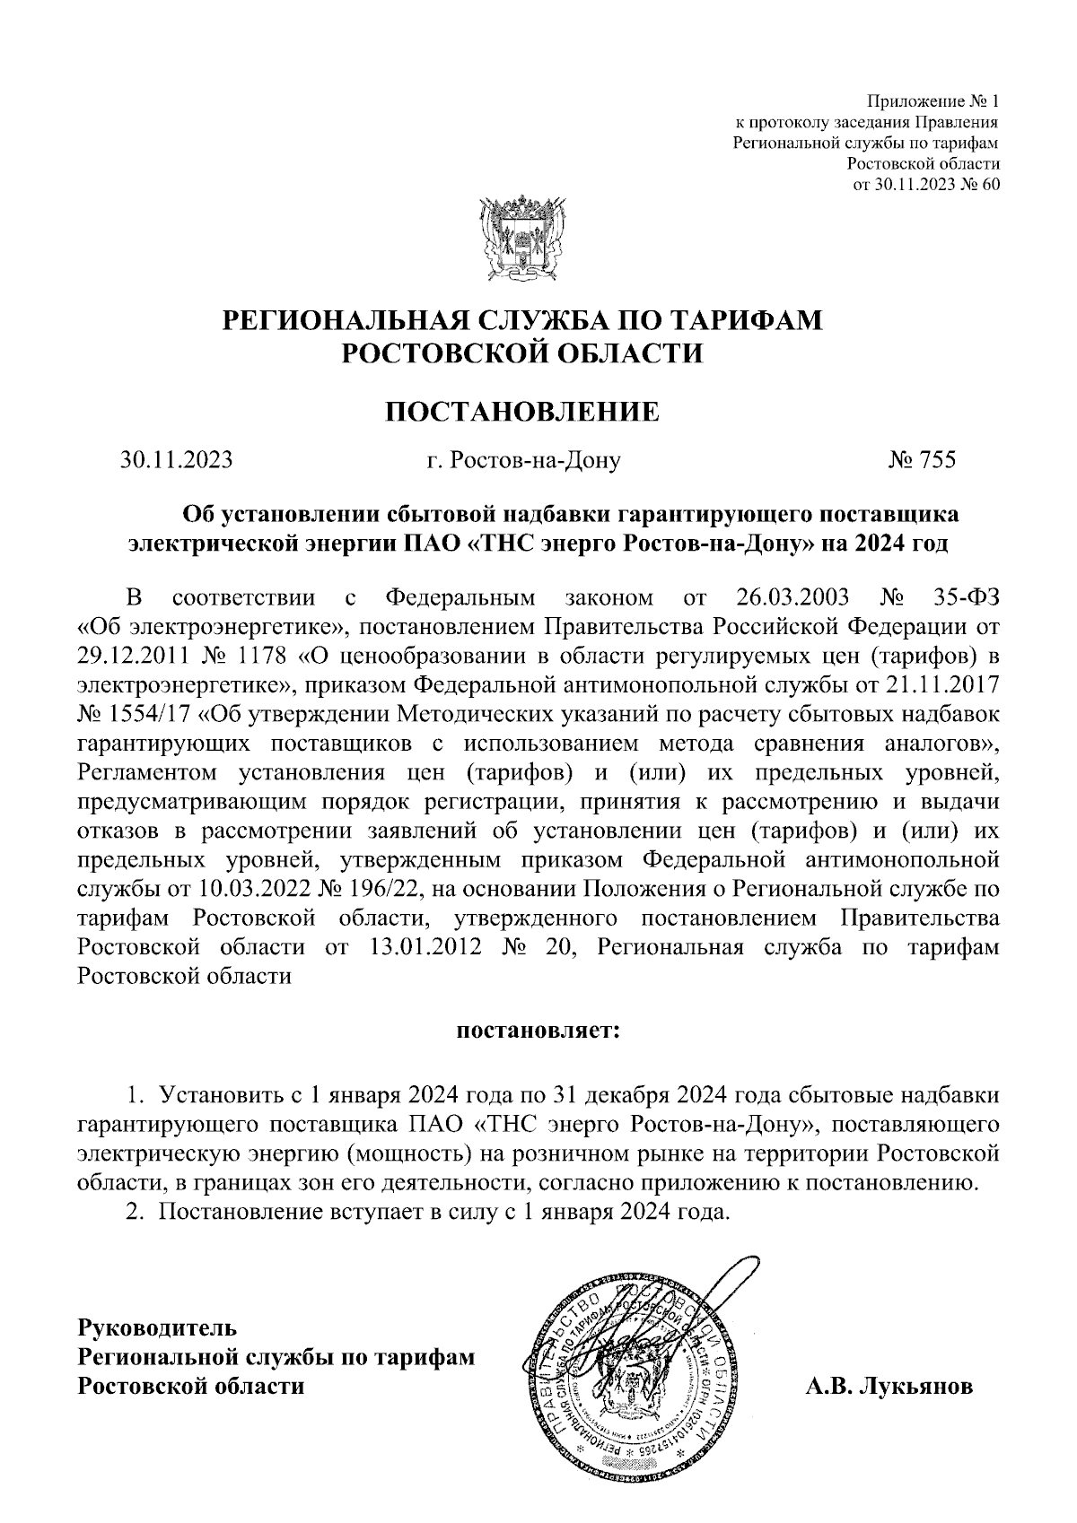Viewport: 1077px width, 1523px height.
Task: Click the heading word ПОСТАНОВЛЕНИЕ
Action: click(x=521, y=411)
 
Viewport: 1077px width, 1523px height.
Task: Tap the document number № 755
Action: click(x=922, y=460)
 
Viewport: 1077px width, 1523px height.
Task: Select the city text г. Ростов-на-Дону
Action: click(x=523, y=461)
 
